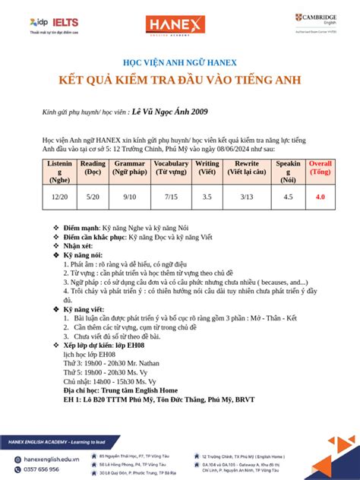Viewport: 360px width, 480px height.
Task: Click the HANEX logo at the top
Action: pos(179,25)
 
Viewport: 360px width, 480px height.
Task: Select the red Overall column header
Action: pos(321,168)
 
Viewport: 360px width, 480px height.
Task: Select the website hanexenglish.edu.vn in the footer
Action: pos(49,459)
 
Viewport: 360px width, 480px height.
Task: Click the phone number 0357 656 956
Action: pos(43,469)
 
